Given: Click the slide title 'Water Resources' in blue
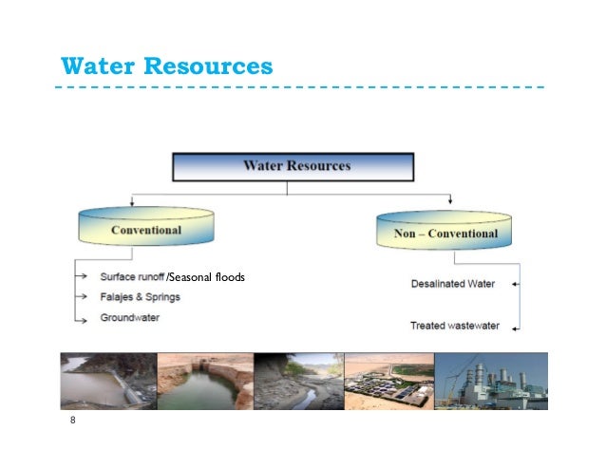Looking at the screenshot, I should (x=166, y=67).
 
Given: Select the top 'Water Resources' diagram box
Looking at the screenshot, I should (x=293, y=167).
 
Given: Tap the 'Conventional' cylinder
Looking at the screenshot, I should (x=145, y=230).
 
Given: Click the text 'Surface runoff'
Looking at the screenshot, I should (x=131, y=277).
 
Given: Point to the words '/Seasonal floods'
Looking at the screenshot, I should (x=205, y=277).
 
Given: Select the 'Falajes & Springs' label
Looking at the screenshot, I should (x=140, y=297).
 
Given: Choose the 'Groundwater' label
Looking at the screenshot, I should (x=130, y=317).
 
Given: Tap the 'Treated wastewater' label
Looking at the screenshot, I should (x=454, y=326).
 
